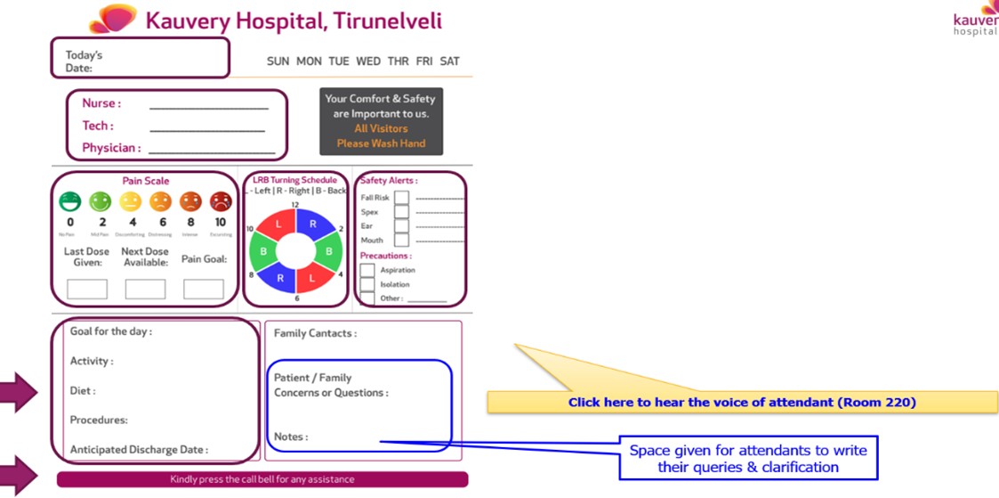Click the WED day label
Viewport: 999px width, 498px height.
coord(368,61)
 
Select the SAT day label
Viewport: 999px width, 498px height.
coord(450,61)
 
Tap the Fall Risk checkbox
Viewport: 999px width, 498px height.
coord(402,198)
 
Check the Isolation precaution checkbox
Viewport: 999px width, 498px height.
coord(367,284)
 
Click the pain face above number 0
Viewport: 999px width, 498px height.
coord(70,202)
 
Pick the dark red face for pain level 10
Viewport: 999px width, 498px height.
coord(221,202)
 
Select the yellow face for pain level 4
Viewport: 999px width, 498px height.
coord(131,202)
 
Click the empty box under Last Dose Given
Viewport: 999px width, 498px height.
coord(87,289)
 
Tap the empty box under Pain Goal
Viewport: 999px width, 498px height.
coord(203,289)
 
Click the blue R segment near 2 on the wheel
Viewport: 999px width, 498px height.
coord(313,225)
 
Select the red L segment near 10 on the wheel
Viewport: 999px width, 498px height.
coord(278,225)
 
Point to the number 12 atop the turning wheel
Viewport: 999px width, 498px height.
coord(295,205)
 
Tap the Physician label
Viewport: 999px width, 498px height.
coord(111,148)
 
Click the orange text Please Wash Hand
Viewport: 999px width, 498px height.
coord(381,143)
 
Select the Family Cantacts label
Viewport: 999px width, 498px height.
coord(315,333)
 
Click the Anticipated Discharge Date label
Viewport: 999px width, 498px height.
coord(139,450)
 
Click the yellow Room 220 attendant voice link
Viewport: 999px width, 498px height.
coord(742,403)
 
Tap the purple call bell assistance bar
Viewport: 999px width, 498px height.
coord(262,479)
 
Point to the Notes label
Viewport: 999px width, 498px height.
coord(291,437)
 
